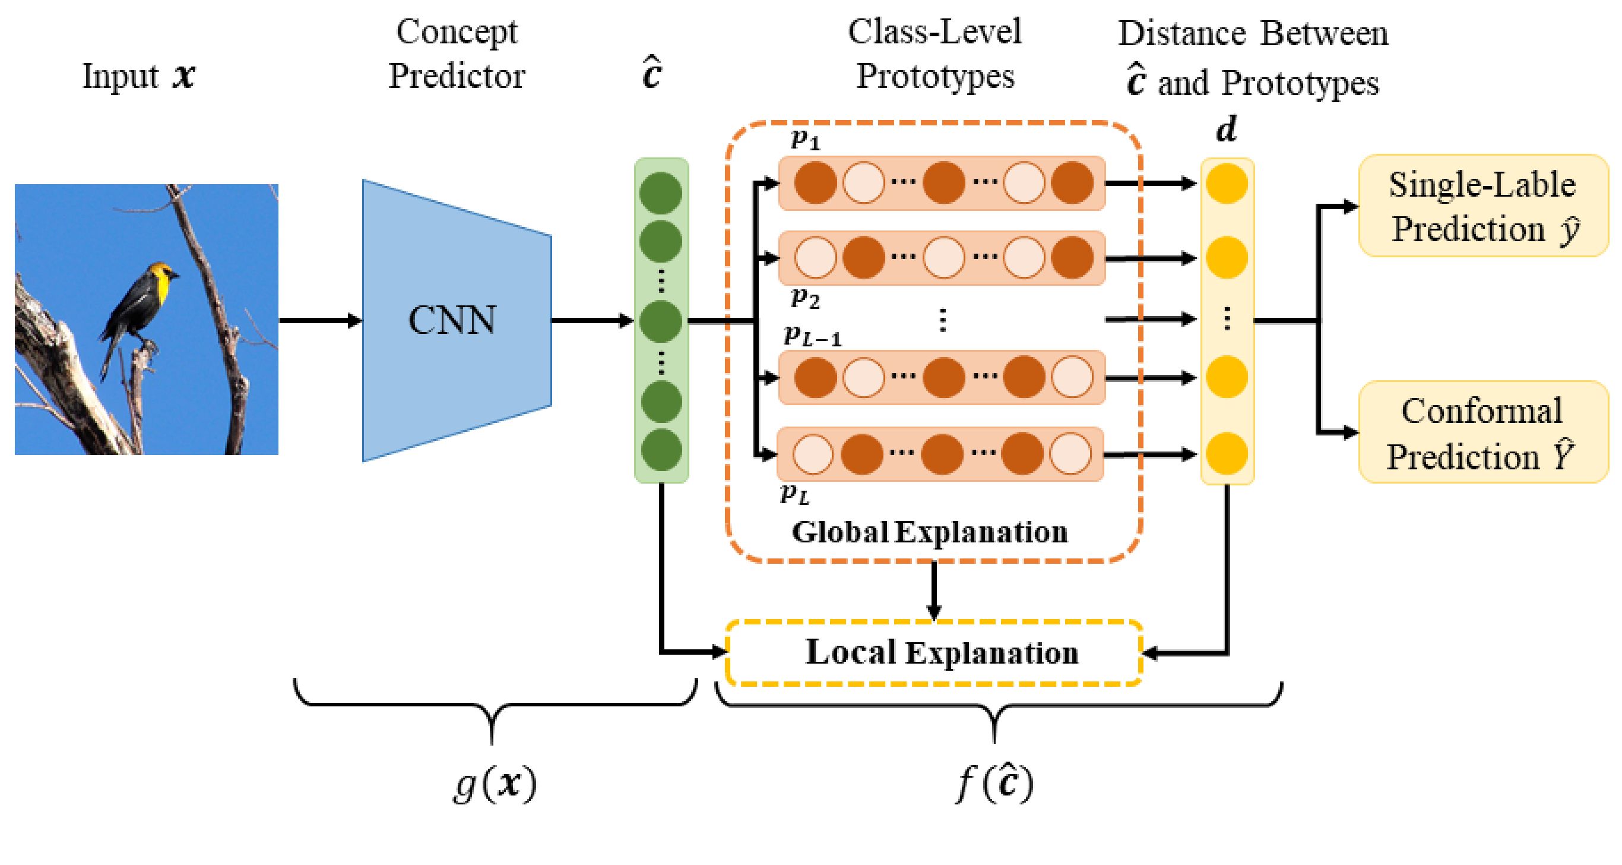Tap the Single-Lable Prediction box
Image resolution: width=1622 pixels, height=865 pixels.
tap(1483, 206)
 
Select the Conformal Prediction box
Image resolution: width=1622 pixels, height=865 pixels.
tap(1483, 433)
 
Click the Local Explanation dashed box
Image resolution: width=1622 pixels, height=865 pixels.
tap(934, 653)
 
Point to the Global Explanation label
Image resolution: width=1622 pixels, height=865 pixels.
tap(929, 532)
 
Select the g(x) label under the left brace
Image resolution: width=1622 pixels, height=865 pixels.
tap(495, 784)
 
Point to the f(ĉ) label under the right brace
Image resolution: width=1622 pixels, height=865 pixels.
tap(995, 784)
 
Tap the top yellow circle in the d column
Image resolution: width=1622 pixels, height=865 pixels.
tap(1227, 184)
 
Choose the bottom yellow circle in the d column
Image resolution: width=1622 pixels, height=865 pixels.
tap(1227, 454)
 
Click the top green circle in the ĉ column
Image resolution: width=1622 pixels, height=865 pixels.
tap(661, 192)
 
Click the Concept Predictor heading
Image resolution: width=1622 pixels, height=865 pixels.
tap(456, 53)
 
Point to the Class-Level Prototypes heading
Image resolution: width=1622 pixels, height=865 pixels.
tap(934, 53)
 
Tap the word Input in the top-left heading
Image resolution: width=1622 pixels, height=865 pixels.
tap(121, 76)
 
